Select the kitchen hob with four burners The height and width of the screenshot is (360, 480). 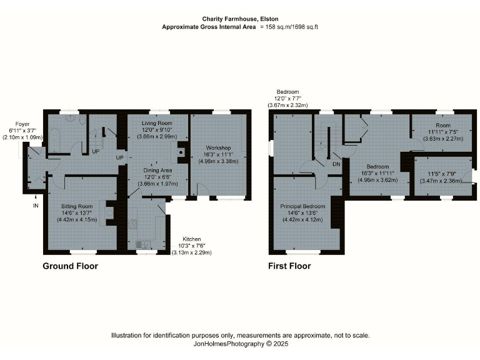pyautogui.click(x=132, y=224)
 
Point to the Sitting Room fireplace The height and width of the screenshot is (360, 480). pyautogui.click(x=110, y=213)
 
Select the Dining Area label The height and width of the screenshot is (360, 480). pyautogui.click(x=157, y=170)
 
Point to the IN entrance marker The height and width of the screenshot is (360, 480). pyautogui.click(x=36, y=205)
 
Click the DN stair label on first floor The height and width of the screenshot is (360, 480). pyautogui.click(x=336, y=164)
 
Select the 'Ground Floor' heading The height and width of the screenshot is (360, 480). pyautogui.click(x=70, y=266)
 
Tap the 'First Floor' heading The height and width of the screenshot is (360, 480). pyautogui.click(x=289, y=266)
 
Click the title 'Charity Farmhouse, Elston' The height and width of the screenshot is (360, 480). pyautogui.click(x=240, y=19)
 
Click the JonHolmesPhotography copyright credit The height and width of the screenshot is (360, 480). pyautogui.click(x=240, y=344)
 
